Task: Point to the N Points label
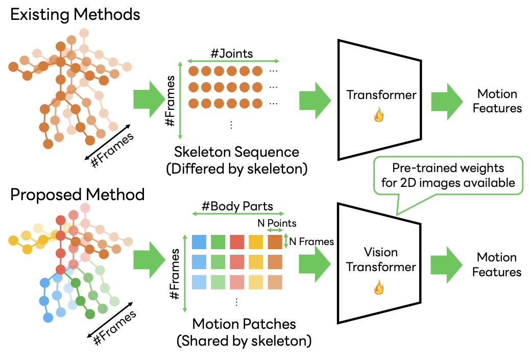276,223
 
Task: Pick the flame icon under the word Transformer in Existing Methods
379,117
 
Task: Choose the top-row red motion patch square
237,242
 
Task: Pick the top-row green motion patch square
218,242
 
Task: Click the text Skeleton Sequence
236,152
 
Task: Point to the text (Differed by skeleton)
236,169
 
